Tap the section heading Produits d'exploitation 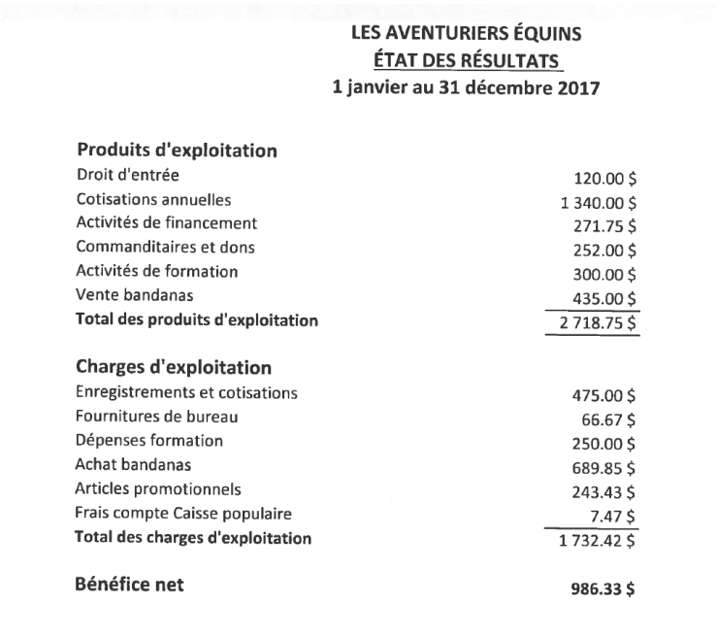[178, 151]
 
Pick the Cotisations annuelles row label [153, 200]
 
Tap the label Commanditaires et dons [166, 247]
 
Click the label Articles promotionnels [158, 487]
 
